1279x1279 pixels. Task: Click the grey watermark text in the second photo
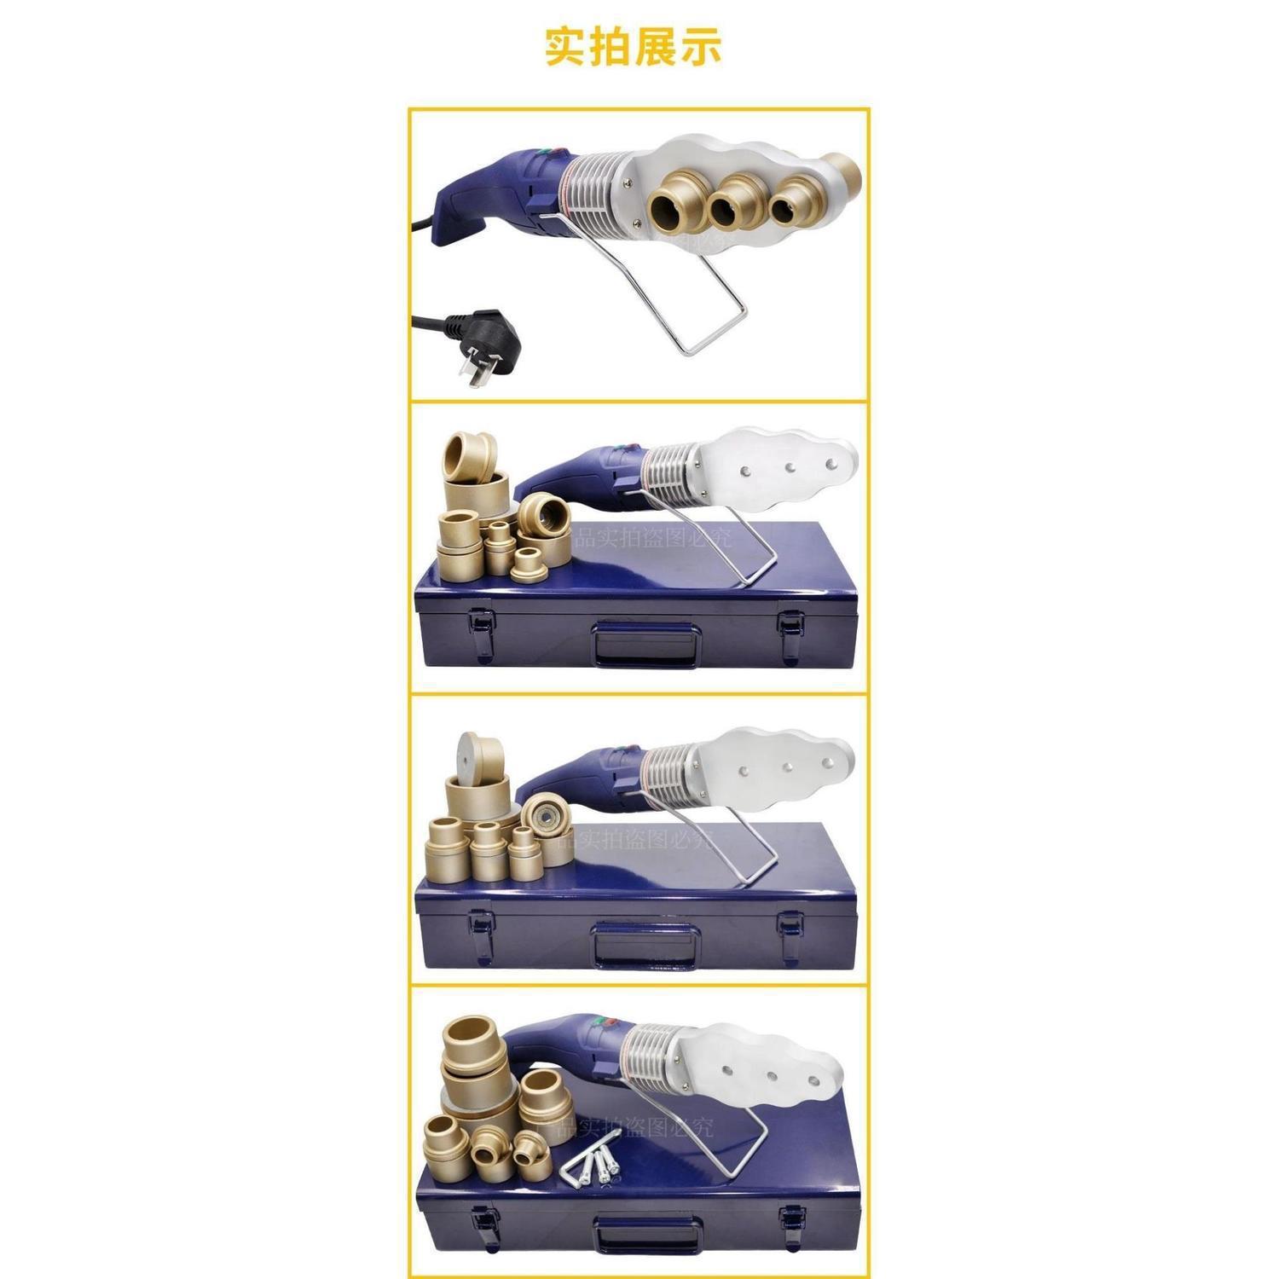pyautogui.click(x=652, y=537)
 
